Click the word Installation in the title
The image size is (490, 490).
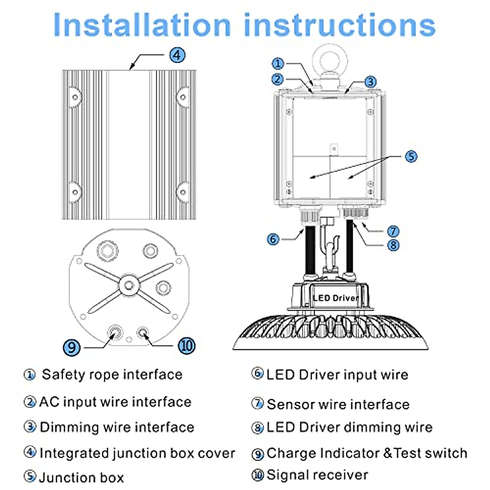(x=142, y=25)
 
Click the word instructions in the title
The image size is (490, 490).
(x=340, y=25)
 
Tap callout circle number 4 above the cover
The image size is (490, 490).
(x=177, y=55)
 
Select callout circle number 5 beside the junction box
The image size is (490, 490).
(x=411, y=156)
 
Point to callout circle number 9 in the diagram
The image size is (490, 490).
(x=72, y=347)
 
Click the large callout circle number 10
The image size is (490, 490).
(x=186, y=345)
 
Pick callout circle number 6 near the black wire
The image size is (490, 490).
(x=273, y=239)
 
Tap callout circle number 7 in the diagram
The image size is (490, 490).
(x=393, y=231)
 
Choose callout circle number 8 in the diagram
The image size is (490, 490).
(x=393, y=245)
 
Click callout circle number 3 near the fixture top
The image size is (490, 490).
(x=370, y=82)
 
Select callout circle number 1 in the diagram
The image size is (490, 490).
(x=278, y=64)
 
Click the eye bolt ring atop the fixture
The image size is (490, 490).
(x=330, y=60)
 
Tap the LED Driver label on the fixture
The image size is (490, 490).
(x=336, y=298)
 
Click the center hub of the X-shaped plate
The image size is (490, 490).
(x=129, y=285)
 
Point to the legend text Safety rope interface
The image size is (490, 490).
(x=112, y=374)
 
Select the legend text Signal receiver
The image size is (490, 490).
(x=317, y=474)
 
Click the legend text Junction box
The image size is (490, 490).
(x=81, y=477)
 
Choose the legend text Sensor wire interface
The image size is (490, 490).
(x=338, y=404)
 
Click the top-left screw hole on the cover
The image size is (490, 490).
(x=75, y=97)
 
